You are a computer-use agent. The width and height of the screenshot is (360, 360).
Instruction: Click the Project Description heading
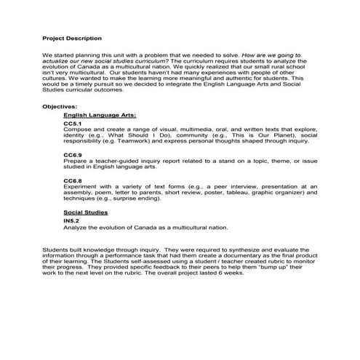pos(72,38)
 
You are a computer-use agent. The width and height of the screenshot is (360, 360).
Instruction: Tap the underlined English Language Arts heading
pos(100,115)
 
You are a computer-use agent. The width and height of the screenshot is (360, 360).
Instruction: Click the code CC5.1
pos(73,124)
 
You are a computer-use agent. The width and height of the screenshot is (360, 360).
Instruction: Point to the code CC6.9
pos(73,155)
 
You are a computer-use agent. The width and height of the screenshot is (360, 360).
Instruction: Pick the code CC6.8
pos(73,180)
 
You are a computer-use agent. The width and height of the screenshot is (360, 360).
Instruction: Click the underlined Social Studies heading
pos(86,212)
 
